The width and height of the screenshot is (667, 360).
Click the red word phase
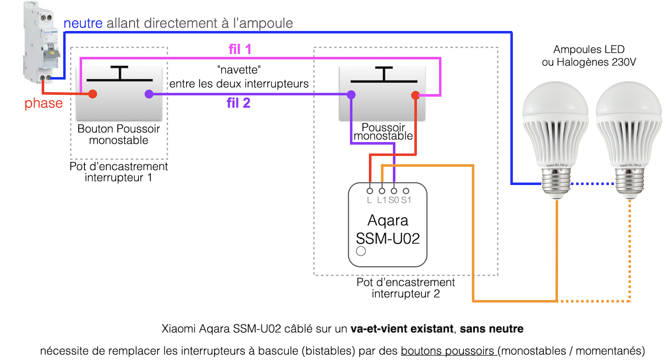[43, 104]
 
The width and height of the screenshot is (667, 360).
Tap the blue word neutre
[83, 23]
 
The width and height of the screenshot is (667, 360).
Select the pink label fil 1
[240, 49]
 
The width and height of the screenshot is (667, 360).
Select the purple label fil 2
[238, 104]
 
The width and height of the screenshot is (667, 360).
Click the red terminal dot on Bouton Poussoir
[92, 94]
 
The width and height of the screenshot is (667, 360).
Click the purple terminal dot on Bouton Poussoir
[149, 94]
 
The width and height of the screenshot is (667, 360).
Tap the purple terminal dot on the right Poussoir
[351, 95]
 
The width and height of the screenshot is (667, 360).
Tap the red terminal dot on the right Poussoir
[415, 95]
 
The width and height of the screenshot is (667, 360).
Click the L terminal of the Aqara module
[370, 191]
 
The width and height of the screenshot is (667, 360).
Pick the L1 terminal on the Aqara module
[382, 191]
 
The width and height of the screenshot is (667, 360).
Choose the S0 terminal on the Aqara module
[394, 191]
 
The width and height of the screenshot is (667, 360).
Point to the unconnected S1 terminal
[406, 191]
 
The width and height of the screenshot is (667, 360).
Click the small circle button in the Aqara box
[361, 252]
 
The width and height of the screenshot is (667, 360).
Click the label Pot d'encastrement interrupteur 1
[119, 172]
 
